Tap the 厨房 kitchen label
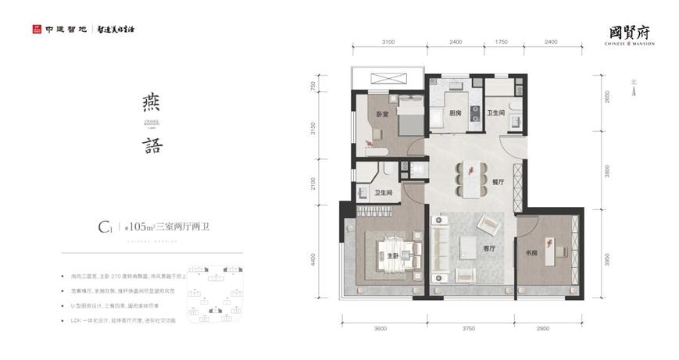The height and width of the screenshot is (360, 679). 456,112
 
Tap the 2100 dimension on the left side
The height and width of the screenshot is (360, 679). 313,181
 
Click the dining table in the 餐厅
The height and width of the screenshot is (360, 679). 471,175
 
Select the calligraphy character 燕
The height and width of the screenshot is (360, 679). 152,102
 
